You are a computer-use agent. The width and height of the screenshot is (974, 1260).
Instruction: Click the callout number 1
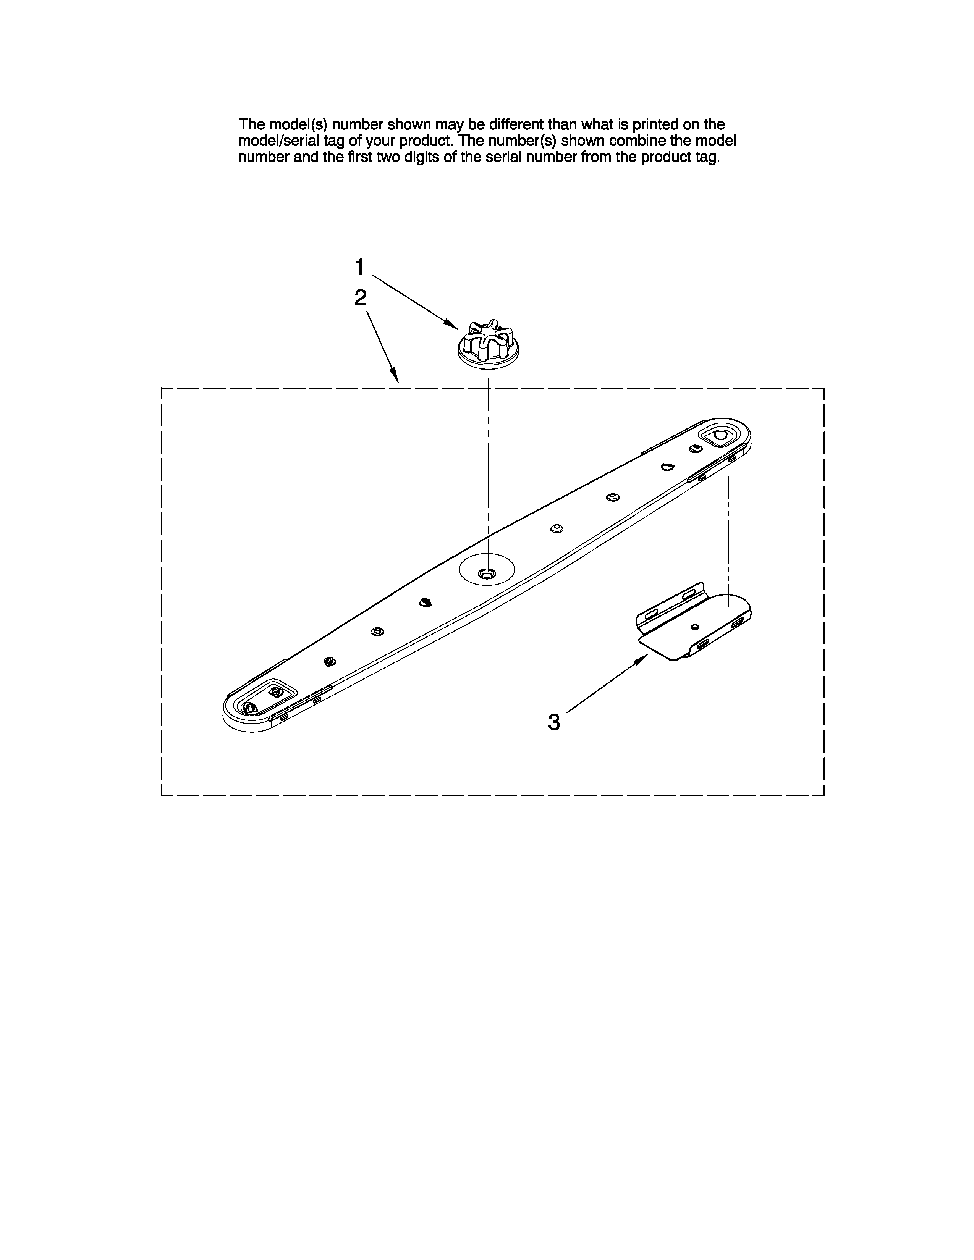(359, 268)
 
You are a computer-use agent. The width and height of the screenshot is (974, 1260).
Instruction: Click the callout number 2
(360, 298)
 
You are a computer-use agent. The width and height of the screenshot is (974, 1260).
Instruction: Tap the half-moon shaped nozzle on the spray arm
(668, 467)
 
